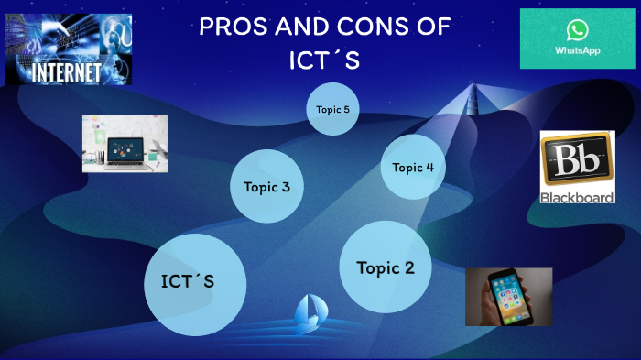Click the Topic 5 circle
coord(331,109)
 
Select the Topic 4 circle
coord(412,167)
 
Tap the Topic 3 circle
coord(266,187)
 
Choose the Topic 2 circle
coord(385,267)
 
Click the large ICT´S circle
coord(195,283)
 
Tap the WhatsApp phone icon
coord(578,31)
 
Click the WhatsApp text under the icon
coord(578,51)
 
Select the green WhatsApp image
coord(577,38)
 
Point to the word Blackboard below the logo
coord(577,196)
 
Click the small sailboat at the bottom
coord(307,314)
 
